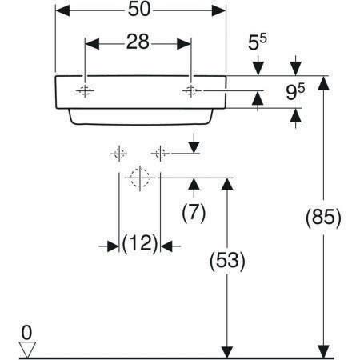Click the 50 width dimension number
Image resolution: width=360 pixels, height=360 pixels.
pyautogui.click(x=139, y=10)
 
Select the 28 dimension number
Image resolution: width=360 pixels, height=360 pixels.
pyautogui.click(x=138, y=42)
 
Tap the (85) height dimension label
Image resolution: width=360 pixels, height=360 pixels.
pyautogui.click(x=323, y=218)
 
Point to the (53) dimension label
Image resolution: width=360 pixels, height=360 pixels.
pyautogui.click(x=227, y=261)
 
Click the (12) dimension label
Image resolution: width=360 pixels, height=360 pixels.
pyautogui.click(x=140, y=243)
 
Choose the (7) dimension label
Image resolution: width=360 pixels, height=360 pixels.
pyautogui.click(x=194, y=213)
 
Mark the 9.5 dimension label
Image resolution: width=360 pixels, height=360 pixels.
pyautogui.click(x=295, y=91)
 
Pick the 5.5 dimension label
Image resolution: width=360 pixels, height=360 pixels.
pyautogui.click(x=258, y=42)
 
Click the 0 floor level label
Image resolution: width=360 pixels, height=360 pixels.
pyautogui.click(x=26, y=333)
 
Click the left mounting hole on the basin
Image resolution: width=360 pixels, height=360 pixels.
pyautogui.click(x=85, y=91)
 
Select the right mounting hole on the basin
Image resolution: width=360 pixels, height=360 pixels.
pyautogui.click(x=191, y=91)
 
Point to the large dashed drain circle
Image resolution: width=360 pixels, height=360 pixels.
pyautogui.click(x=140, y=178)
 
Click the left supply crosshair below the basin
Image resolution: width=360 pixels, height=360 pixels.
pyautogui.click(x=119, y=154)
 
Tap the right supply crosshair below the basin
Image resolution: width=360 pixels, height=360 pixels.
pyautogui.click(x=160, y=154)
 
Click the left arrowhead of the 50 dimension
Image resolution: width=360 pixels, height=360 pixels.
pyautogui.click(x=62, y=10)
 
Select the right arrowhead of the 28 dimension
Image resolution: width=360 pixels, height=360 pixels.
pyautogui.click(x=184, y=44)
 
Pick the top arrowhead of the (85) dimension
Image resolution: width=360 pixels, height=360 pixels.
pyautogui.click(x=323, y=83)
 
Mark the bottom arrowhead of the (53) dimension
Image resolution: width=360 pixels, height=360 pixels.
pyautogui.click(x=227, y=352)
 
